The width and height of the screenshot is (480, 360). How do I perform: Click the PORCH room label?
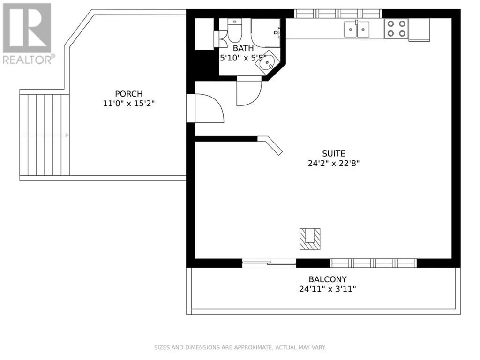click(128, 93)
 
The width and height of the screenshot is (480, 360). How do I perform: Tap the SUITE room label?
click(333, 153)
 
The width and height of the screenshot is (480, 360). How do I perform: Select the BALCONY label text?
click(328, 279)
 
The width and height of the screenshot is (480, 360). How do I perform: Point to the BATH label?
click(243, 48)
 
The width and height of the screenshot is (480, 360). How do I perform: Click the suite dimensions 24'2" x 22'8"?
click(333, 163)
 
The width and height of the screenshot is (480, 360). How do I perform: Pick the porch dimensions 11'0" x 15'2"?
click(128, 104)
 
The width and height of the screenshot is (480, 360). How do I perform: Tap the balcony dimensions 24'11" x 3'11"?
click(328, 289)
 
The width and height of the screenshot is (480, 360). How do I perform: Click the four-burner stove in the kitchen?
click(397, 29)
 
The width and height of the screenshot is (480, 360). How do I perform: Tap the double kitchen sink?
click(357, 29)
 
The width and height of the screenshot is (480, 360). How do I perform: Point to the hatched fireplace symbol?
click(310, 239)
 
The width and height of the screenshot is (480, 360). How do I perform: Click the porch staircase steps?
click(45, 135)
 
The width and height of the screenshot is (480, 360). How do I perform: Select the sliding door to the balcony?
click(269, 262)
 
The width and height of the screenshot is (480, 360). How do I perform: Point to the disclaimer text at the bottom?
click(240, 347)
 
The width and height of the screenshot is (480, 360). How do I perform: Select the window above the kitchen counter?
click(338, 14)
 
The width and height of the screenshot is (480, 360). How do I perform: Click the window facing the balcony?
click(373, 263)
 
